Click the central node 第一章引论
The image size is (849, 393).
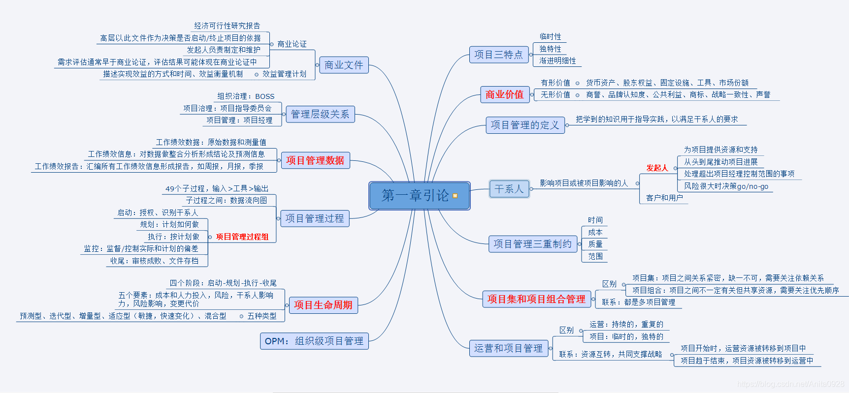(x=415, y=196)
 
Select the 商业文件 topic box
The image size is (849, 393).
(x=343, y=65)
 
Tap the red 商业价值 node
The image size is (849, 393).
(x=504, y=94)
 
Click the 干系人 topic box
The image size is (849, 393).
(x=509, y=189)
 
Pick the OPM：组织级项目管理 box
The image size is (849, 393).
(x=314, y=341)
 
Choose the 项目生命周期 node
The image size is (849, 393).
(x=323, y=305)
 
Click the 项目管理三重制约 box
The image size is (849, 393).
(x=532, y=244)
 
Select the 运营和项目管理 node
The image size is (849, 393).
(x=508, y=348)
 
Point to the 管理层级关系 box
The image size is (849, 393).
(x=320, y=114)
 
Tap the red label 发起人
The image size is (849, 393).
(x=657, y=168)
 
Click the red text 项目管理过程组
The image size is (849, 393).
(x=242, y=237)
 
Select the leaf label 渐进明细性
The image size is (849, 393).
(x=557, y=60)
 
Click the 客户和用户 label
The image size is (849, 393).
(x=664, y=198)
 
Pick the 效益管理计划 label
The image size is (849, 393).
(x=284, y=74)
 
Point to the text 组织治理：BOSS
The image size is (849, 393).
(x=246, y=96)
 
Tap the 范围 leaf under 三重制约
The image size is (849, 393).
(x=595, y=256)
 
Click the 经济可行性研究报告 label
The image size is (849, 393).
(x=227, y=26)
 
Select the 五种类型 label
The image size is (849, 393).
(x=262, y=316)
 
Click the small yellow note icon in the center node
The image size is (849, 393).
(x=455, y=196)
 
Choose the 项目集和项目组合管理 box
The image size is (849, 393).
(x=536, y=299)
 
